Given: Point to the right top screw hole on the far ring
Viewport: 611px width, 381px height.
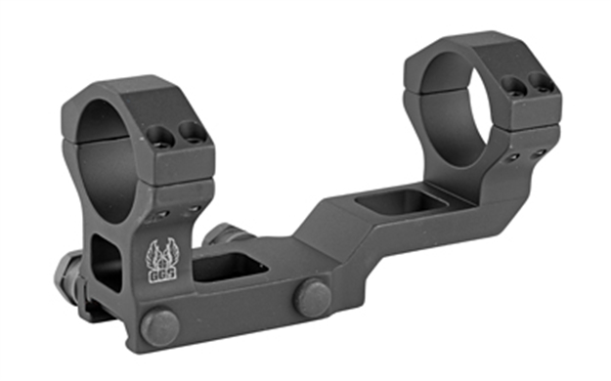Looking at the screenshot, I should point(535,83).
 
